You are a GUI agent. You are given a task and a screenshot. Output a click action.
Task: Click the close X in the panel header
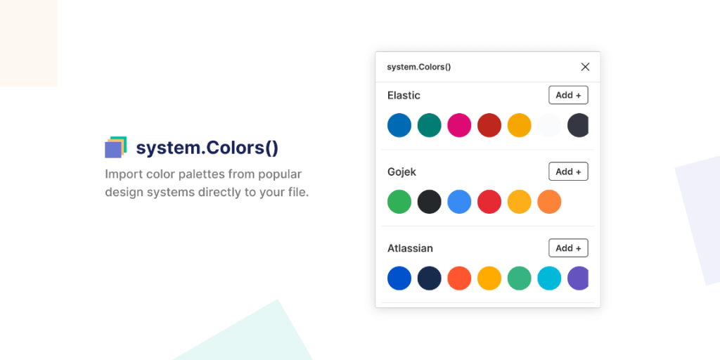(x=585, y=67)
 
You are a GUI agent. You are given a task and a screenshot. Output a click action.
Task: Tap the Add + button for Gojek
(x=568, y=172)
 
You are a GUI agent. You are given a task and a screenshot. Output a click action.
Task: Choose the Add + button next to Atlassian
(x=568, y=248)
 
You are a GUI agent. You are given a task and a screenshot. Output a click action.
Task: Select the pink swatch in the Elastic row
(x=459, y=125)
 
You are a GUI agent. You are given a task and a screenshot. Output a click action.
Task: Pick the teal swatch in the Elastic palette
(x=429, y=125)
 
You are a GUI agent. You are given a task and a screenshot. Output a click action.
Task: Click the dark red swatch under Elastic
(x=489, y=125)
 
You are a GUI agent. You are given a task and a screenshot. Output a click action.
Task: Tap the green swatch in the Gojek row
(x=399, y=202)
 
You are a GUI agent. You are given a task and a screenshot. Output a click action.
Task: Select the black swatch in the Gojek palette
(x=429, y=202)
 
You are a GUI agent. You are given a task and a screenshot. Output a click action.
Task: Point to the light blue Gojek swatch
(x=459, y=202)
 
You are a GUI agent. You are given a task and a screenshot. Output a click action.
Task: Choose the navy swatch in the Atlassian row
(x=429, y=278)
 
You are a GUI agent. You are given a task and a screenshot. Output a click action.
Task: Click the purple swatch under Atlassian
(x=578, y=278)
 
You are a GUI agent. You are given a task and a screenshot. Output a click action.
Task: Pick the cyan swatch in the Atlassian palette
(x=549, y=278)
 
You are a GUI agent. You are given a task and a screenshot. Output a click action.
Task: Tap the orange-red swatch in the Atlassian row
(x=459, y=278)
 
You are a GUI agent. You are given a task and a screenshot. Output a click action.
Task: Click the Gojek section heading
(x=402, y=172)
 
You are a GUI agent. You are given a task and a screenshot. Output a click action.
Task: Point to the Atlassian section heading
(x=410, y=248)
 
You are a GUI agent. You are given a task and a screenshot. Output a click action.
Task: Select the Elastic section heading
(x=404, y=95)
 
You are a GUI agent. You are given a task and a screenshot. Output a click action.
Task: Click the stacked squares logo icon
(x=115, y=147)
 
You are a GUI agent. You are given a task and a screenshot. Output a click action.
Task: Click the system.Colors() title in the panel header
(x=419, y=67)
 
